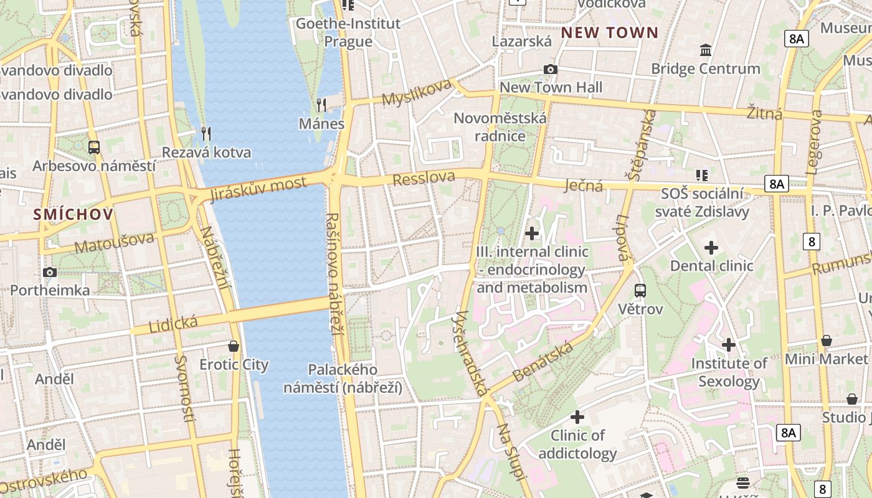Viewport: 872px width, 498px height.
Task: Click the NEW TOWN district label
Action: (x=610, y=33)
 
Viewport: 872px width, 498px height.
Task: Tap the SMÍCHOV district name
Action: (x=73, y=215)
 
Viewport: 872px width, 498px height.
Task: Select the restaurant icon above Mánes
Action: (x=321, y=104)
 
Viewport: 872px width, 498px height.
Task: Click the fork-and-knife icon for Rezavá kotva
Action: (x=206, y=133)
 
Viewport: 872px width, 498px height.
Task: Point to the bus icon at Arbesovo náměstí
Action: (x=94, y=148)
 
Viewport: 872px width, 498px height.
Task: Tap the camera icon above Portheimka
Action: (x=50, y=272)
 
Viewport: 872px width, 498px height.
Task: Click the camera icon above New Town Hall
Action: (x=551, y=69)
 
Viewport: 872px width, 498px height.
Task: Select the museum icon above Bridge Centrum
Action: (x=706, y=50)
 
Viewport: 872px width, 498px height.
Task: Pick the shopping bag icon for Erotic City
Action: (x=234, y=346)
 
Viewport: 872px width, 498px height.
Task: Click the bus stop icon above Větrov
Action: (x=640, y=290)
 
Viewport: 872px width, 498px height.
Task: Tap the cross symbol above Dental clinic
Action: (x=711, y=248)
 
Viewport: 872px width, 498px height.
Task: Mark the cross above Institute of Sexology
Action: (x=729, y=344)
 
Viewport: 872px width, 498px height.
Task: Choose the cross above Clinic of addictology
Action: (x=577, y=416)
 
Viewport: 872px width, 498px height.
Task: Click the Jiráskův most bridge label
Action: (x=258, y=189)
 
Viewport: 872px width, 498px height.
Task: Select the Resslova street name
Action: (x=424, y=178)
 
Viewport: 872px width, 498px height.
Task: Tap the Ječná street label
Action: (x=584, y=186)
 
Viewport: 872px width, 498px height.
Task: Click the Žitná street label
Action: (x=764, y=113)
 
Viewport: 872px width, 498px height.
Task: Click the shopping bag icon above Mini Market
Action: (x=827, y=341)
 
